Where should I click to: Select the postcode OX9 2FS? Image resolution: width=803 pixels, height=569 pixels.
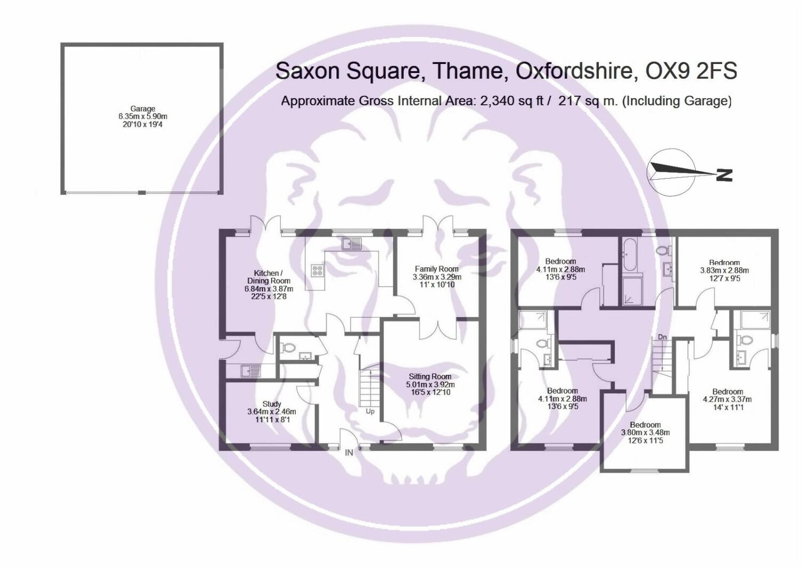point(691,70)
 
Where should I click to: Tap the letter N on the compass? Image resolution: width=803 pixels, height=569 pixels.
point(724,175)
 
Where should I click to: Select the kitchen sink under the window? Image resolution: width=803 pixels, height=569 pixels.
point(352,244)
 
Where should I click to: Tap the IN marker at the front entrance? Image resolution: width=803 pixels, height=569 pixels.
point(349,453)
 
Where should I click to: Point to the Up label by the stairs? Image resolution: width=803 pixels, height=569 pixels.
point(370,411)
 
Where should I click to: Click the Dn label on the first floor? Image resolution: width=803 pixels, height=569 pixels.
point(662,337)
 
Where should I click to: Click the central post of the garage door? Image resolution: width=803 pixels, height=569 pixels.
point(142,193)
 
